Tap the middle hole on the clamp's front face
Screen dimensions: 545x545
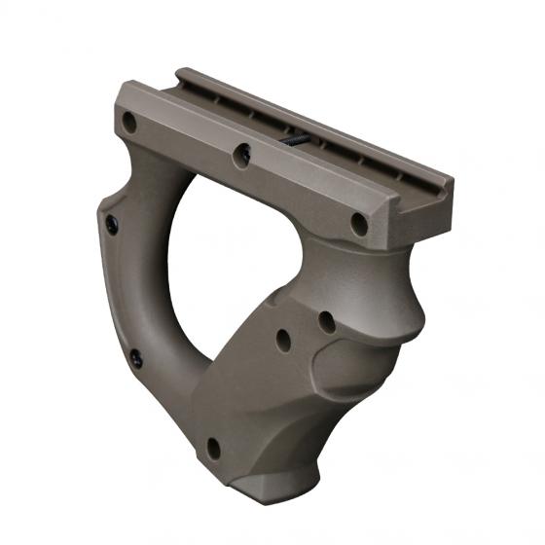click(243, 152)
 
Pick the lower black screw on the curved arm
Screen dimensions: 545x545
click(135, 356)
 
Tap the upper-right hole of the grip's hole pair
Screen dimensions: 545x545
click(326, 320)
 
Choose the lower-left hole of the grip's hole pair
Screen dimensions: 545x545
click(283, 339)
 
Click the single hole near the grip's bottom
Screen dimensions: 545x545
click(212, 448)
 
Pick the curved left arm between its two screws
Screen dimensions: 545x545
click(112, 292)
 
